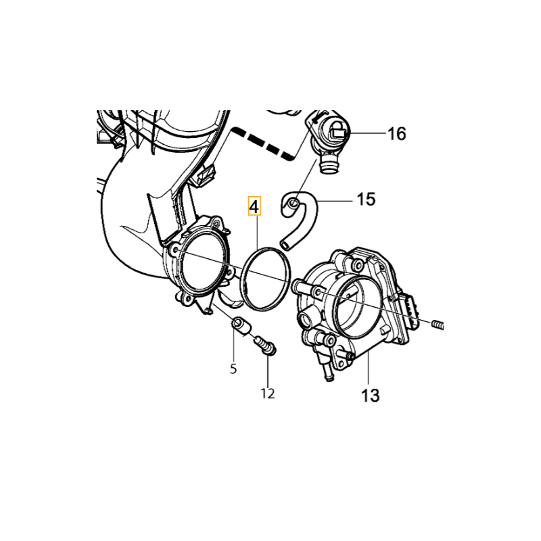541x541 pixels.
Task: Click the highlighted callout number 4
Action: click(255, 206)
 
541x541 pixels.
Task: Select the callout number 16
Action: click(397, 133)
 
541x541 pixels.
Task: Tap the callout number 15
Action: click(366, 199)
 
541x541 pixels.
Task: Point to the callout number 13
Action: click(370, 396)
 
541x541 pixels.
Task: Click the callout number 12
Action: click(268, 394)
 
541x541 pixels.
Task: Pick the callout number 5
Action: click(233, 369)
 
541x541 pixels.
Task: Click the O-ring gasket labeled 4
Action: click(266, 278)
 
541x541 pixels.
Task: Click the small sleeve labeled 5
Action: click(241, 326)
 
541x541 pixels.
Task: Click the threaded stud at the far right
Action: click(437, 325)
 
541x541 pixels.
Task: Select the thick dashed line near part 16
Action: click(264, 143)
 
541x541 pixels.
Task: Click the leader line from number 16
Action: click(367, 133)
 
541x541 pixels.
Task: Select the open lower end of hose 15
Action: click(285, 245)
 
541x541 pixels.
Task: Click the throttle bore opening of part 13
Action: click(357, 307)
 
